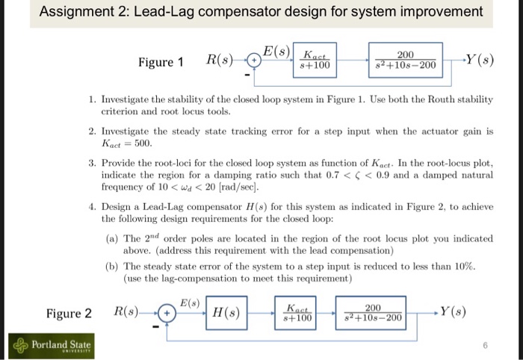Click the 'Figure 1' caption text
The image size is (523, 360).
tap(161, 62)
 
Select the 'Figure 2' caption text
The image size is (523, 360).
tap(69, 312)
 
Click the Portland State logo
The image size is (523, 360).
tap(50, 344)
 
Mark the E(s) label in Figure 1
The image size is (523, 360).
tap(277, 50)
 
